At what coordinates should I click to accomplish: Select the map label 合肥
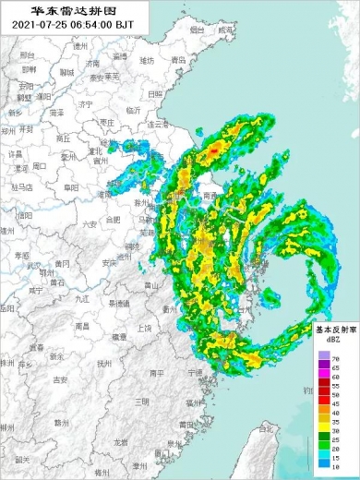tap(113, 220)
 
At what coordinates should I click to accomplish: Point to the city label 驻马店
tap(19, 187)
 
